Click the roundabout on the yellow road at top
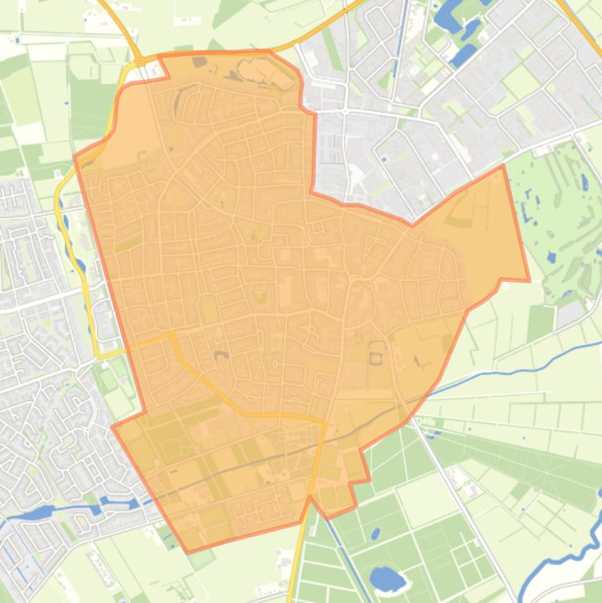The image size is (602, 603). [x=139, y=61]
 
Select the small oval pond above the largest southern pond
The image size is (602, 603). [x=374, y=536]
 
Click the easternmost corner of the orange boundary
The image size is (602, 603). [x=529, y=280]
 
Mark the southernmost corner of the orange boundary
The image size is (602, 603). [x=187, y=552]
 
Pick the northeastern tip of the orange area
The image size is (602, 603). [x=502, y=166]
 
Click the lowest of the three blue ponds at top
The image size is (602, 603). [x=462, y=55]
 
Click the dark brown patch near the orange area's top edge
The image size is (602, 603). [x=200, y=61]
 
